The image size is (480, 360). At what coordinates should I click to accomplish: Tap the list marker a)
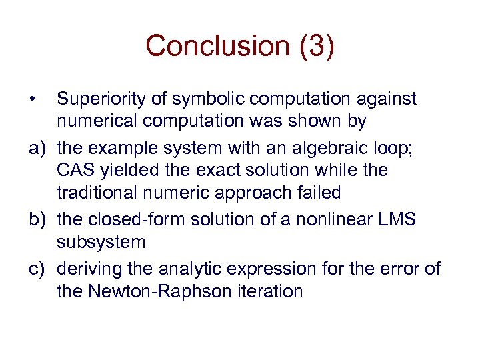36,147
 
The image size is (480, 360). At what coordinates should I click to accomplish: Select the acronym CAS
75,171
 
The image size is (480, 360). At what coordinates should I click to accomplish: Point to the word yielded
126,171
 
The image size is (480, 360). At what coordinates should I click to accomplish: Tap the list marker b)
36,218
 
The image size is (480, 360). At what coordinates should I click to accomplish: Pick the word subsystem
101,241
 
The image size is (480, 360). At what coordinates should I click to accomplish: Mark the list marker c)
36,268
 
